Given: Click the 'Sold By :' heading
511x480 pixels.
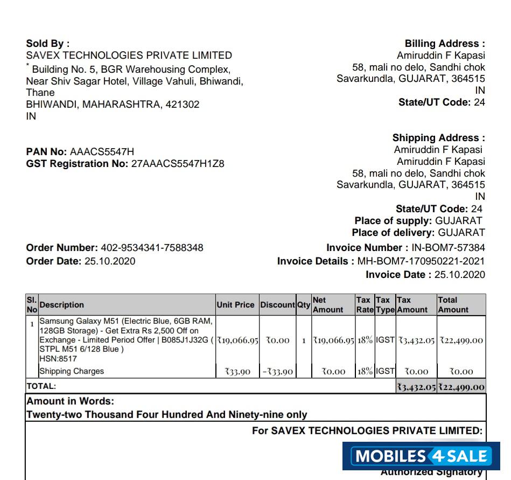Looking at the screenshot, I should coord(47,44).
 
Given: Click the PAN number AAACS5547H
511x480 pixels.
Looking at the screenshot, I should coord(102,152).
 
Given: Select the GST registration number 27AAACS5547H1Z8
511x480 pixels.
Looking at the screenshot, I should coord(178,164).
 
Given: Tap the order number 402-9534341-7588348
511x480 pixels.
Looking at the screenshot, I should coord(152,248).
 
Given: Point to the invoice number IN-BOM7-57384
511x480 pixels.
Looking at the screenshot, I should coord(448,248).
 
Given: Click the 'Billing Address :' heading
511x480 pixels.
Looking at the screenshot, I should coord(445,44).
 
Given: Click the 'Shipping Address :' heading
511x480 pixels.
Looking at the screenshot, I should coord(438,138).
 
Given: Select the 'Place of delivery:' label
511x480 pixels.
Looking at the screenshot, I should coord(393,233).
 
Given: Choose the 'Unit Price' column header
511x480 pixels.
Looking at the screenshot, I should coord(235,305).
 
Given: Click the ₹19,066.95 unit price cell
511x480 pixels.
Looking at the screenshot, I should coord(237,340).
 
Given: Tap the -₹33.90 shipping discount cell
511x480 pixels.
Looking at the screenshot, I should coord(277,372).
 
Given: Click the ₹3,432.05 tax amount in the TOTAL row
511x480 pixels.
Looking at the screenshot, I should coord(416,387).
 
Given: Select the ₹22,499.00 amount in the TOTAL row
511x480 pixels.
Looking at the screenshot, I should coord(461,387).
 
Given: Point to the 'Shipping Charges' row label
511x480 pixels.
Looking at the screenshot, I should coord(72,371).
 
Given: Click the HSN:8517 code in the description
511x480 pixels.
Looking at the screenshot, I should coord(58,359).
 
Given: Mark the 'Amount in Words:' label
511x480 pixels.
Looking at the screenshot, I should coord(70,401).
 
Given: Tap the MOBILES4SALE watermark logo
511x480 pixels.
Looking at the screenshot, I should coord(422,457).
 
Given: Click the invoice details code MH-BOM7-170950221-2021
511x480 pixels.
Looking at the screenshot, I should coord(421,261).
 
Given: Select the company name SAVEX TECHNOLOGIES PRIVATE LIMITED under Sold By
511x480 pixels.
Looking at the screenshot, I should coord(129,55).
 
